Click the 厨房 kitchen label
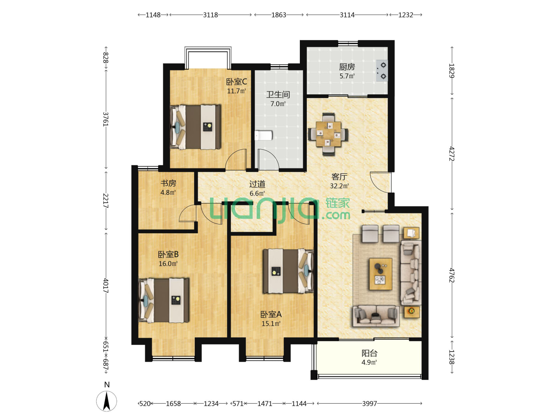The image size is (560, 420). (x=347, y=67)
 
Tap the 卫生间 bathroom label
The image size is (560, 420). (x=278, y=94)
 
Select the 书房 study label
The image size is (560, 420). (x=168, y=183)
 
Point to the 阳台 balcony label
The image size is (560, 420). (x=369, y=353)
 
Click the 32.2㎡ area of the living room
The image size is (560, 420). (x=339, y=186)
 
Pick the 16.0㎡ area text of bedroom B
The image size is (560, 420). (x=168, y=263)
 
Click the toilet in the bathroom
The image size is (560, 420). (x=264, y=135)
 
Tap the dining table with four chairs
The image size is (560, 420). (x=328, y=134)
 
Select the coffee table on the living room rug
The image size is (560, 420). (x=381, y=274)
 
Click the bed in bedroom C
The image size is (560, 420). (x=196, y=127)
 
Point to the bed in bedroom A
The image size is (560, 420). (x=288, y=271)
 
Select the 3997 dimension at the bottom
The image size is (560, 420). (x=369, y=403)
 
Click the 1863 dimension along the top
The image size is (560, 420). (x=278, y=15)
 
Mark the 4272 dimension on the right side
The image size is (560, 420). (x=451, y=154)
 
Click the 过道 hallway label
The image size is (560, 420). (x=257, y=184)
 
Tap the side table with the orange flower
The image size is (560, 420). (x=411, y=311)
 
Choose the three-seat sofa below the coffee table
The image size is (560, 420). (x=376, y=316)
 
